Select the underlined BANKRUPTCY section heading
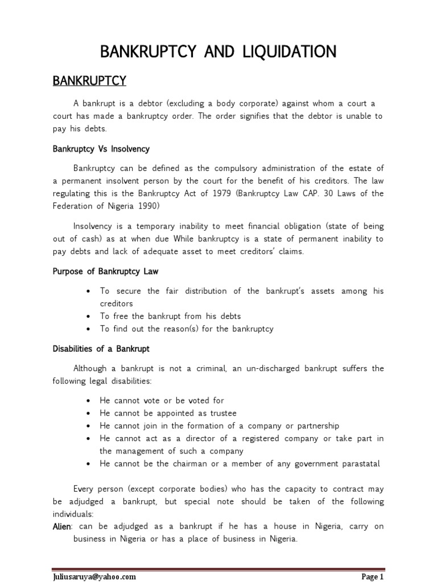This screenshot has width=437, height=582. pos(89,81)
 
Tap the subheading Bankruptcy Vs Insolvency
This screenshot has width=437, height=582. pos(101,149)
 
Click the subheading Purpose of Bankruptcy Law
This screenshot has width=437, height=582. pos(105,271)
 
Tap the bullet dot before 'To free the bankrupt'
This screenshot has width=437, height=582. pos(89,317)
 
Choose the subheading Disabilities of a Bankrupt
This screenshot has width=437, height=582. pos(101,348)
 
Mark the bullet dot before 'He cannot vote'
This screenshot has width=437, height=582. pos(89,401)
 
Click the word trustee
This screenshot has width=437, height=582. pos(220,413)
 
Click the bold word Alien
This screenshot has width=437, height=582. pos(62,527)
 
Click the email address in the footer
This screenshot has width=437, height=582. pos(94,577)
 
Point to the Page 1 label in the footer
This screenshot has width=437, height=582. pos(373,577)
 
